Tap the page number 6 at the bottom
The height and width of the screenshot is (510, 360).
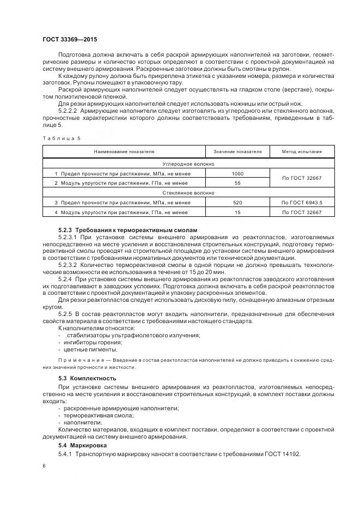point(44,466)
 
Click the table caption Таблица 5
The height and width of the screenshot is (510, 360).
point(61,138)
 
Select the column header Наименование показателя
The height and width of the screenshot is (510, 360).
point(124,151)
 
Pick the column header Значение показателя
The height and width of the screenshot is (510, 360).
point(237,151)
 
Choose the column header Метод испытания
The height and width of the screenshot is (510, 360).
point(302,151)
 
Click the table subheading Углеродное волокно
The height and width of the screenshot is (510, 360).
point(188,163)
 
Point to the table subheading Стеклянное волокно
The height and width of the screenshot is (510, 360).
point(188,192)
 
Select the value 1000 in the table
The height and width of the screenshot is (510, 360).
point(237,173)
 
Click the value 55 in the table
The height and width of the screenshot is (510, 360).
point(237,183)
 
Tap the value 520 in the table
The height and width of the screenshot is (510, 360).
point(237,202)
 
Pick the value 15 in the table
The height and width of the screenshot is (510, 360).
point(237,212)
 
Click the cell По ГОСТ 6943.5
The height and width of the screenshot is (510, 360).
point(302,202)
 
